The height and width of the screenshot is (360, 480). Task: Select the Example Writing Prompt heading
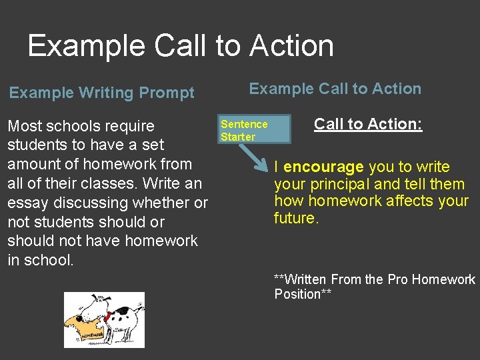click(x=102, y=93)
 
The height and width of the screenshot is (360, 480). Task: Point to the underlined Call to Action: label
click(x=368, y=124)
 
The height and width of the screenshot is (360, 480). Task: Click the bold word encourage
click(x=323, y=167)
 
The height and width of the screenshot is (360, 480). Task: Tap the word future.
click(x=295, y=218)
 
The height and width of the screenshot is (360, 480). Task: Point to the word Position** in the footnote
click(x=303, y=294)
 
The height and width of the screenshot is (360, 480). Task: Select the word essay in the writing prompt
click(x=28, y=203)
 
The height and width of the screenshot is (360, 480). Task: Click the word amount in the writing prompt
click(x=33, y=164)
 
